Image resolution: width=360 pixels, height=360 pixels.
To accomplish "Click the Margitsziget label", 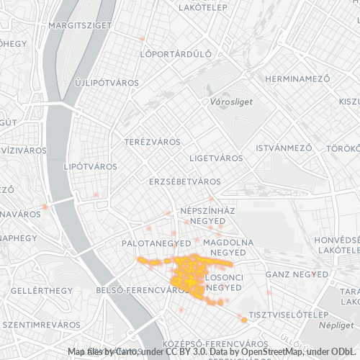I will [x=80, y=25].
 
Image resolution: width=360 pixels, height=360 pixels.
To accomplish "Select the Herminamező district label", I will [x=297, y=78].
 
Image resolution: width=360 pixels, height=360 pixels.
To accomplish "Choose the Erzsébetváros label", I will [x=184, y=181].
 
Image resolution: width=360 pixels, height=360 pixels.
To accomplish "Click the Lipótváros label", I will [x=90, y=166].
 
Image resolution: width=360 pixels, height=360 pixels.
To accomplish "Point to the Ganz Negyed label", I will [x=297, y=274].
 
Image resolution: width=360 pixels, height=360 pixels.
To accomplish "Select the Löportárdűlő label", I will [x=176, y=53].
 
